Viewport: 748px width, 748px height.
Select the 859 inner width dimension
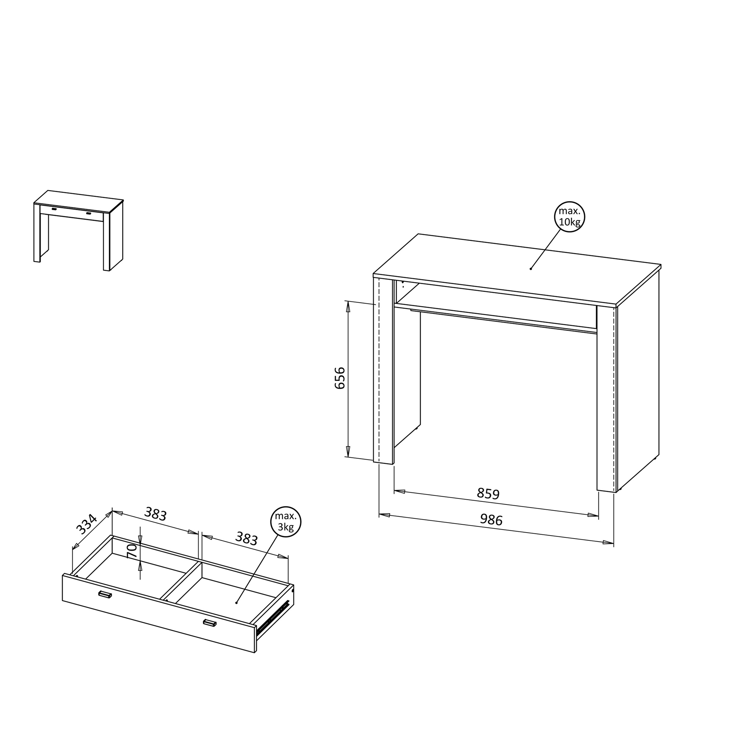[488, 494]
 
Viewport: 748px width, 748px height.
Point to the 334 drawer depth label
[86, 524]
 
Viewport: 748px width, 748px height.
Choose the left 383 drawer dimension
[155, 514]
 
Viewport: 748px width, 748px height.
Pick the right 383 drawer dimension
[246, 539]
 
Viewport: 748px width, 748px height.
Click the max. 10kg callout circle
[570, 217]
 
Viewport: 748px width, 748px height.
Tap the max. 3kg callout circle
[286, 521]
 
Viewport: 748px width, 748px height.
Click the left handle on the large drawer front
[105, 594]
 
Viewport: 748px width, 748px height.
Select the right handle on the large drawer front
[210, 623]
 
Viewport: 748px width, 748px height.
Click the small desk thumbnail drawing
[78, 231]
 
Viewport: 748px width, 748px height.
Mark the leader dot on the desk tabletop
[531, 269]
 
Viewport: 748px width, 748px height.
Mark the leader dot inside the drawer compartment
[236, 603]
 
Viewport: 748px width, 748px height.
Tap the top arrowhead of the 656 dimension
[348, 307]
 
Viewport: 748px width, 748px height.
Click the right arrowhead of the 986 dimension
[608, 542]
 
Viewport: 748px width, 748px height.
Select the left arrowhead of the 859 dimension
[399, 492]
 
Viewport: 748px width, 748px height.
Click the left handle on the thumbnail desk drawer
[54, 209]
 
